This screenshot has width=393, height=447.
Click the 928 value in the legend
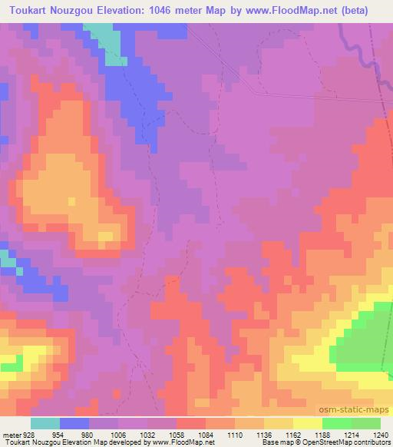(25, 434)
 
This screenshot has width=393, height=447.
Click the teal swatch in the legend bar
(45, 423)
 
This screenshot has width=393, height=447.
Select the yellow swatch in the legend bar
(308, 423)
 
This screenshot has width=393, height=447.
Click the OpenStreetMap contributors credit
(349, 442)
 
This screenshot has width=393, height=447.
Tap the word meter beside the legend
(10, 434)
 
